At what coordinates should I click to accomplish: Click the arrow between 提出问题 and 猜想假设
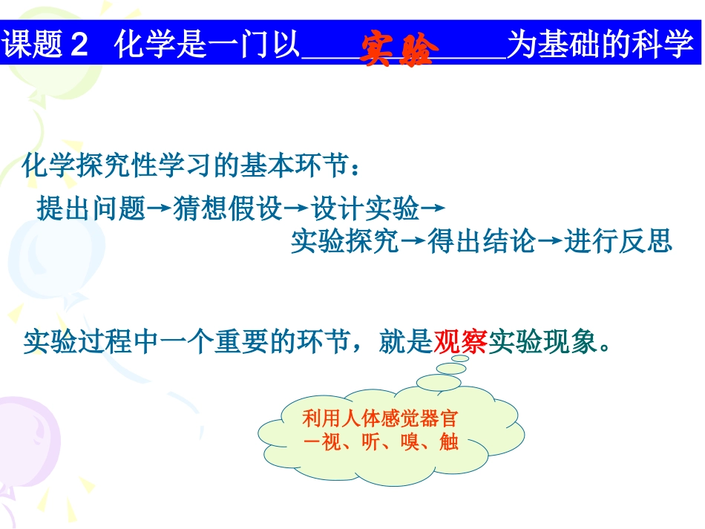160,210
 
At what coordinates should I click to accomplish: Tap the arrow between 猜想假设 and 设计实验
296,210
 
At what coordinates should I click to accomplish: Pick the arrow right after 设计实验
433,210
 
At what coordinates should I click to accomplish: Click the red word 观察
460,342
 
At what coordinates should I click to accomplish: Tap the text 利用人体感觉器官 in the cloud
384,418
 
